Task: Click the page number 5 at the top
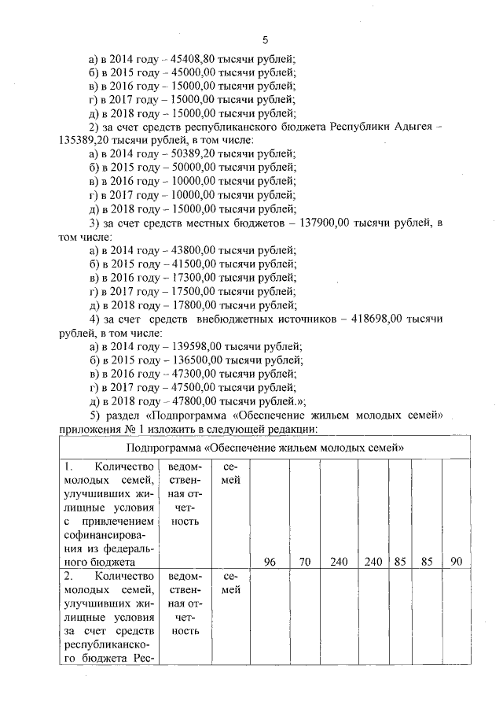click(x=265, y=39)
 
